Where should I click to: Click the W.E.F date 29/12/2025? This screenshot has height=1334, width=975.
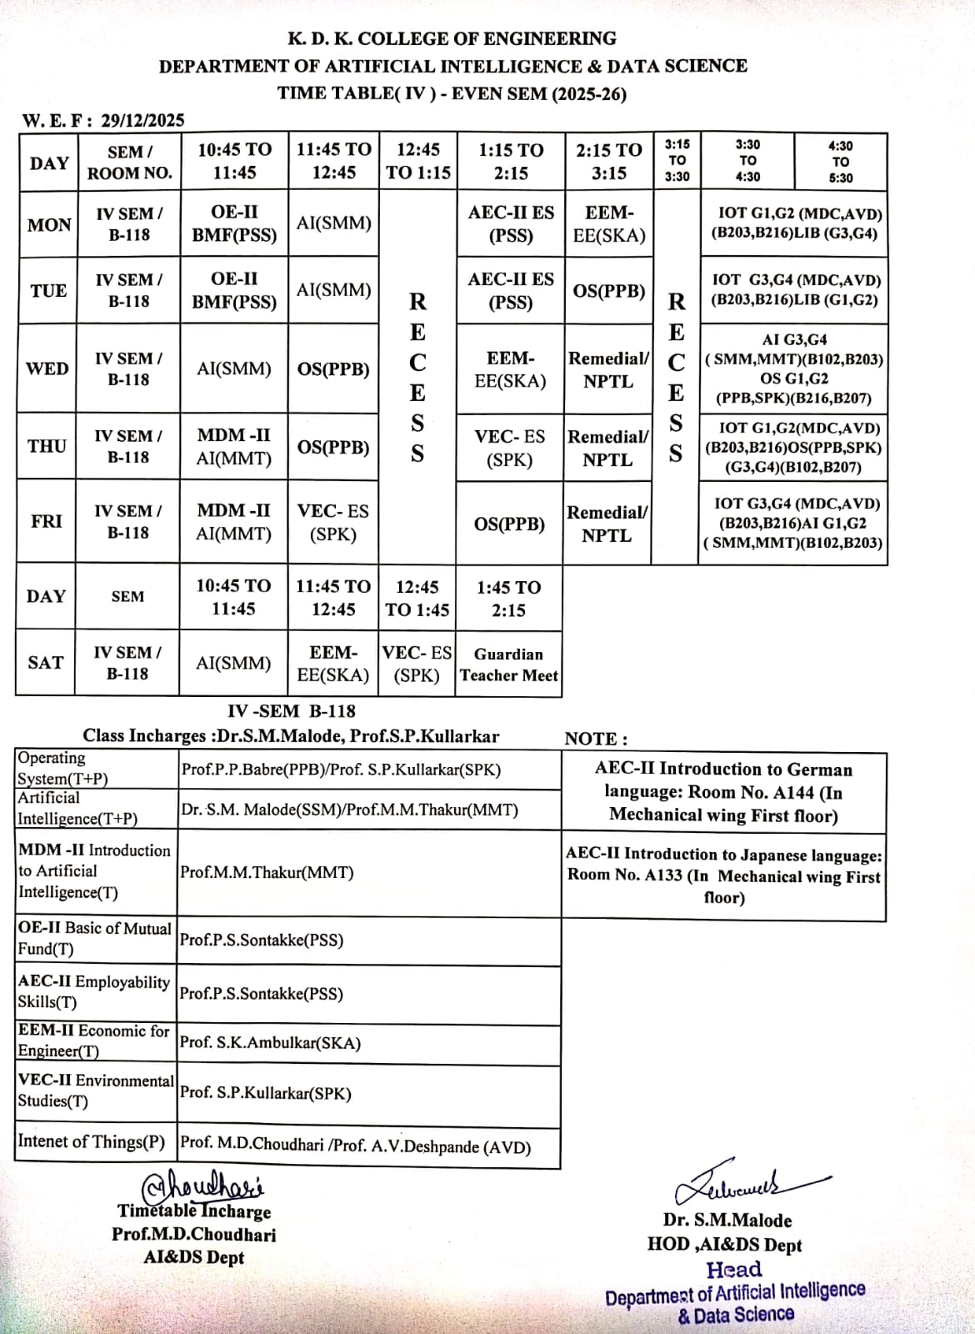pyautogui.click(x=142, y=120)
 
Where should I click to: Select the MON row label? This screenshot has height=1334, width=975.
pyautogui.click(x=49, y=224)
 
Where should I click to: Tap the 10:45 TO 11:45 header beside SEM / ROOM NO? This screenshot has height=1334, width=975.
pyautogui.click(x=234, y=161)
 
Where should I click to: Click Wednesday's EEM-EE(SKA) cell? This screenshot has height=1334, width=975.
pyautogui.click(x=510, y=369)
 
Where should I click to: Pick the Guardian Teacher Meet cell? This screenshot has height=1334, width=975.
pyautogui.click(x=509, y=664)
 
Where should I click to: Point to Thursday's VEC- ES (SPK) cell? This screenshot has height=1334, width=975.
pyautogui.click(x=509, y=448)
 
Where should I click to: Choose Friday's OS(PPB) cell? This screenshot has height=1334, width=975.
pyautogui.click(x=509, y=524)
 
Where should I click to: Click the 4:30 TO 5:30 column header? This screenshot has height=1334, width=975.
pyautogui.click(x=841, y=161)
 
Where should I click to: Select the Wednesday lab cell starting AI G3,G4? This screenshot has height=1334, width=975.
pyautogui.click(x=794, y=369)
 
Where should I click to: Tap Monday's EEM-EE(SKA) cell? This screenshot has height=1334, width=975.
pyautogui.click(x=609, y=224)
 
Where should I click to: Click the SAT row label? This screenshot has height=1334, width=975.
pyautogui.click(x=46, y=663)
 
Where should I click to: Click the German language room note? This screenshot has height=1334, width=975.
pyautogui.click(x=723, y=792)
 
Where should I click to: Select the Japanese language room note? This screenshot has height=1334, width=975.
pyautogui.click(x=723, y=875)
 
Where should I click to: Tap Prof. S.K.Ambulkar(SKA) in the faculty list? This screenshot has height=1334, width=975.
pyautogui.click(x=270, y=1042)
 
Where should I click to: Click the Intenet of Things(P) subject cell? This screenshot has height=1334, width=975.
pyautogui.click(x=92, y=1141)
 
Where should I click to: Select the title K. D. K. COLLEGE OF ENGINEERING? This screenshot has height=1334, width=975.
pyautogui.click(x=452, y=38)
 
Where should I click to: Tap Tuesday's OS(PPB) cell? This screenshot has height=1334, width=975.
pyautogui.click(x=609, y=291)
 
